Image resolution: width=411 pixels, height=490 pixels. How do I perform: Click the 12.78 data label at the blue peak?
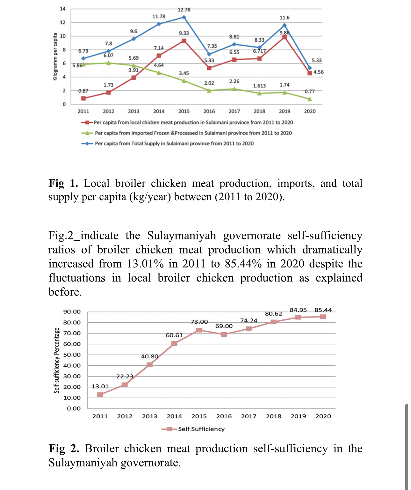click(184, 10)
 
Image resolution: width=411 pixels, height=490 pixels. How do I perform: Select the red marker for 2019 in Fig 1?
click(285, 37)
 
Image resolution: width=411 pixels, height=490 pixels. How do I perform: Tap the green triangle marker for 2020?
click(310, 99)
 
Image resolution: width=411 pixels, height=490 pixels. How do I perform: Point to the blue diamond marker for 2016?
click(209, 54)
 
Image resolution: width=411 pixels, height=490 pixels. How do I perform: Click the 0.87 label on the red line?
click(83, 91)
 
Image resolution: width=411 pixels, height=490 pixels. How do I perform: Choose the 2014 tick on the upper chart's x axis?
click(159, 111)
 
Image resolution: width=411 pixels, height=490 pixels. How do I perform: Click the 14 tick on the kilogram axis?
click(63, 9)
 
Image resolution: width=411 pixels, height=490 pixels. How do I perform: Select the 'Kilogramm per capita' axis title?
click(55, 57)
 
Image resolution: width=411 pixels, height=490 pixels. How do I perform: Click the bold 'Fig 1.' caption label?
click(63, 183)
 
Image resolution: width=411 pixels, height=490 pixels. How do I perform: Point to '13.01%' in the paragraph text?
click(146, 264)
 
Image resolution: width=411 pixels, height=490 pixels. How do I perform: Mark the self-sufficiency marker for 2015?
click(199, 330)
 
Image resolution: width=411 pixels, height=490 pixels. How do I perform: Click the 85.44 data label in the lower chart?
click(323, 310)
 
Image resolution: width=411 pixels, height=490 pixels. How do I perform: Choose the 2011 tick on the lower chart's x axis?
click(100, 416)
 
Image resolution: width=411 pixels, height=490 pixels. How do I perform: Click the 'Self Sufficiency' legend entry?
click(201, 429)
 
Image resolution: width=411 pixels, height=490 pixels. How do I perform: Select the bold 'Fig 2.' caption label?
click(63, 449)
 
